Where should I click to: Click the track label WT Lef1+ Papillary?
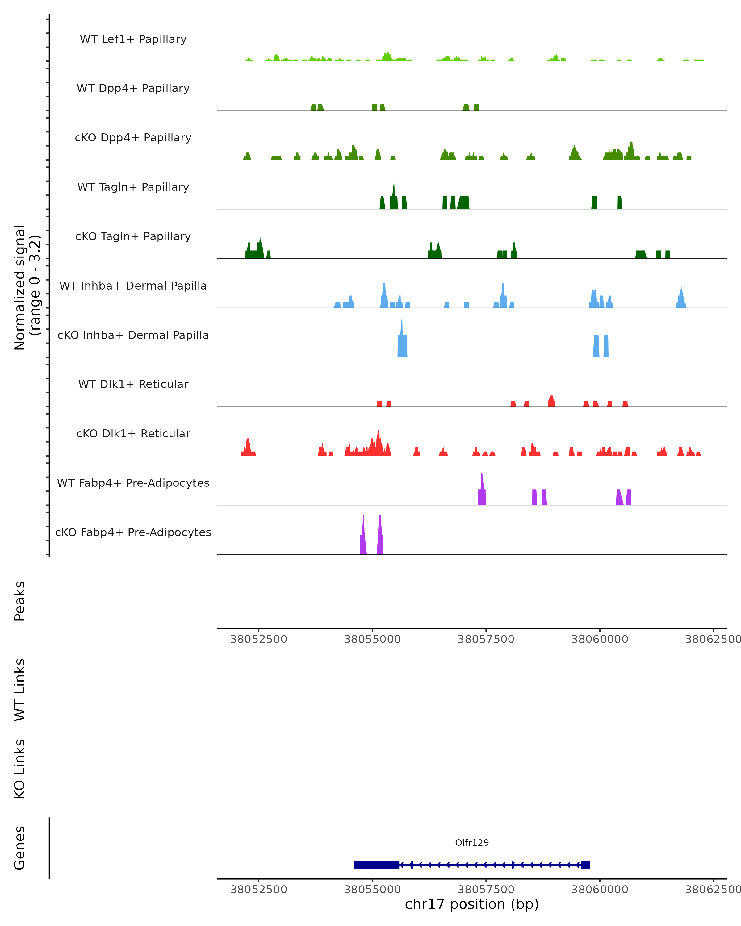(x=133, y=39)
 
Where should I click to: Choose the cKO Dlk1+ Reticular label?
(x=133, y=433)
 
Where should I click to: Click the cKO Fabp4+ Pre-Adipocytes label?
(x=133, y=532)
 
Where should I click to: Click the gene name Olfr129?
(x=472, y=842)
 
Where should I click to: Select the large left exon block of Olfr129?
(x=376, y=865)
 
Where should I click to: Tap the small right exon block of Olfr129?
(x=585, y=865)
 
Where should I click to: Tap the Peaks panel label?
(x=20, y=601)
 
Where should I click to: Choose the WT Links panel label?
(x=20, y=689)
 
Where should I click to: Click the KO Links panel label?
(x=20, y=769)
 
